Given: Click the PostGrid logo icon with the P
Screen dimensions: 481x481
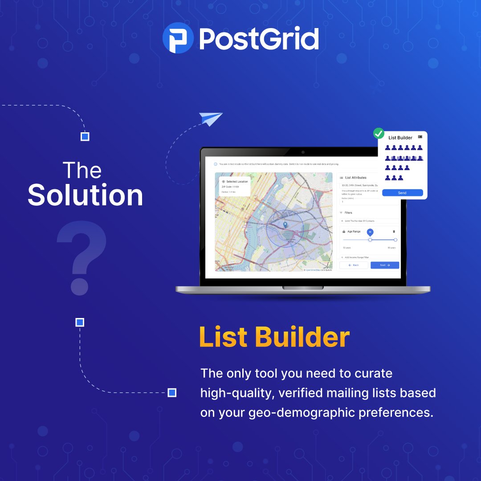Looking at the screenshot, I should click(x=178, y=38).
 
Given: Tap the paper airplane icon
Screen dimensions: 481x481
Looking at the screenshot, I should click(x=211, y=119).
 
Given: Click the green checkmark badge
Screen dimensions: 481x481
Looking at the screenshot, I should click(x=379, y=133).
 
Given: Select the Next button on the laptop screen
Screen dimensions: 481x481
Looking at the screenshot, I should click(x=385, y=265).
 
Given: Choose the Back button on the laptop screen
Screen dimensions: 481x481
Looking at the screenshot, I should click(x=354, y=265).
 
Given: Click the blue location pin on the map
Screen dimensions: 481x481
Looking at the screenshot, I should click(x=285, y=225).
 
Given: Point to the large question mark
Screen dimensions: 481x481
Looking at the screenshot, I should click(x=82, y=258).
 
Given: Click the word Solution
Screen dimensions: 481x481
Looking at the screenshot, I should click(x=86, y=195).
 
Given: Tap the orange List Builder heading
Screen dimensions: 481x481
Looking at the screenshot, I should click(x=274, y=337).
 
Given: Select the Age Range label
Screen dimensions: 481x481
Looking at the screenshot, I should click(x=354, y=232).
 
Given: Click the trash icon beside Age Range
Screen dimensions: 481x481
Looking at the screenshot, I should click(x=394, y=232).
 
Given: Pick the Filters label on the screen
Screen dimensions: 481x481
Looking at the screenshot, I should click(x=348, y=213).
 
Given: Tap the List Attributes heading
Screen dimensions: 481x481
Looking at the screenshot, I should click(x=356, y=178).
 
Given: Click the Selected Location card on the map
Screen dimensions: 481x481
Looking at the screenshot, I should click(x=234, y=186).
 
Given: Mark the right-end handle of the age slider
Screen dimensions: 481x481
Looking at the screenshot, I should click(x=395, y=240).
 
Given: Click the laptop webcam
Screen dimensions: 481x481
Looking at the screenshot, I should click(x=302, y=152).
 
